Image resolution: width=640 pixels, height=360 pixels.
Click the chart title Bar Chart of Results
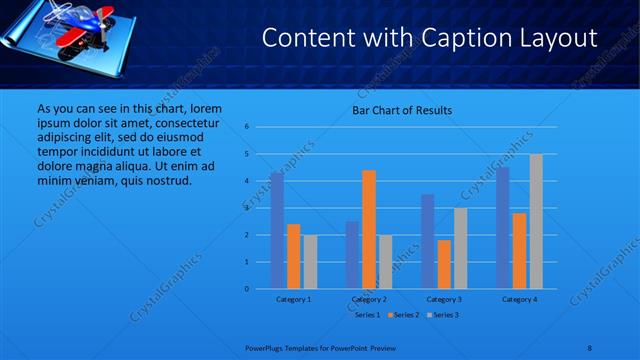click(402, 110)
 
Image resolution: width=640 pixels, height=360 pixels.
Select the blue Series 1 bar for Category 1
click(277, 230)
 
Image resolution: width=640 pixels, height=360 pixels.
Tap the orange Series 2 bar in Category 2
click(369, 229)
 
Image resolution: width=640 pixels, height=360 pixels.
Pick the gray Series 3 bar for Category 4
click(536, 221)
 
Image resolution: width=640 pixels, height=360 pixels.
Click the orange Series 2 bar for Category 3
click(444, 264)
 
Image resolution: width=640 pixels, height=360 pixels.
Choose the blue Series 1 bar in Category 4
click(503, 227)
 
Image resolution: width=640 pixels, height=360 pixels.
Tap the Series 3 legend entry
click(442, 315)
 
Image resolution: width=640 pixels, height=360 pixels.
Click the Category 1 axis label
click(294, 299)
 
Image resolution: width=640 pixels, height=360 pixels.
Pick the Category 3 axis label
click(444, 299)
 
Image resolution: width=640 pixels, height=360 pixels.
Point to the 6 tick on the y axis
click(247, 127)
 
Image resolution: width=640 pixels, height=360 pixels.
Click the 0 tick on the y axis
click(247, 289)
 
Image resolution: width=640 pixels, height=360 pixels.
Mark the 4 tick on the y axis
click(247, 181)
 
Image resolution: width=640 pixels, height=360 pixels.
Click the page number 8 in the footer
click(590, 347)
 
